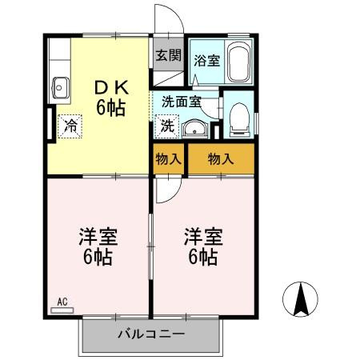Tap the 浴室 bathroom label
click(208, 60)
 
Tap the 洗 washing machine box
click(166, 125)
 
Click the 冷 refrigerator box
click(70, 126)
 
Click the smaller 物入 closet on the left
click(168, 158)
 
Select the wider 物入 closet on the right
click(220, 158)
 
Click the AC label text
click(63, 302)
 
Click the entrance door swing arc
click(163, 19)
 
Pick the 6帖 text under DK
click(111, 107)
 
